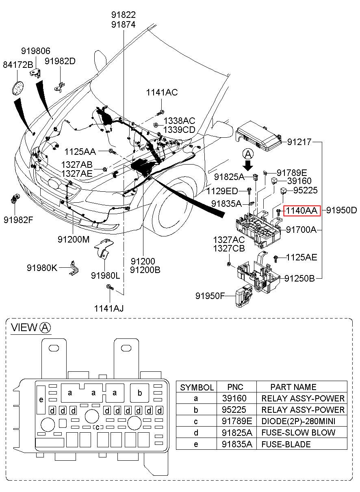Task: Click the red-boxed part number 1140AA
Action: (302, 210)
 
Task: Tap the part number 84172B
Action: (17, 65)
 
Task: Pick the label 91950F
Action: (210, 295)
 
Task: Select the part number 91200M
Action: (73, 240)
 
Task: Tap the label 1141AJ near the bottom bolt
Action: (109, 308)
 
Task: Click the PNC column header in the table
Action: (235, 387)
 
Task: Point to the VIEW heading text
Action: (24, 327)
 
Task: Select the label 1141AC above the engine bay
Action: (162, 93)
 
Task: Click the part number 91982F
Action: (18, 220)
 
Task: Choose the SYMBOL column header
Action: (197, 387)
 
